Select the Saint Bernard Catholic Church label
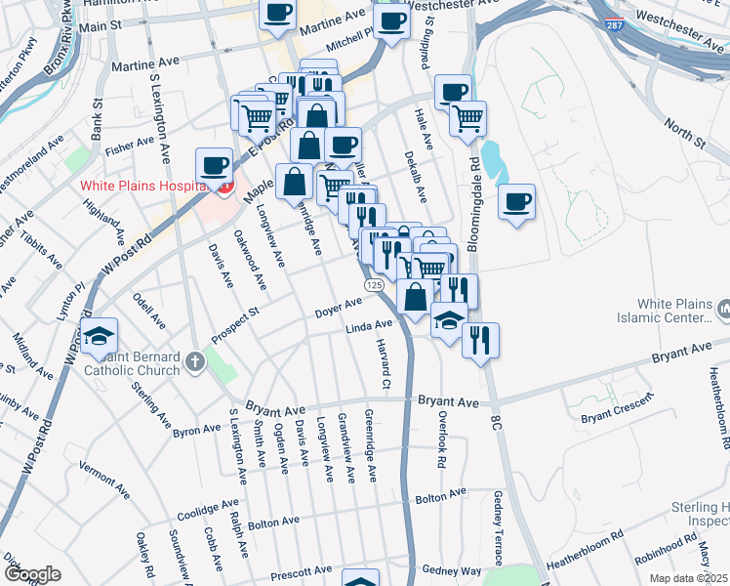(132, 363)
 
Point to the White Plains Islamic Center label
(664, 312)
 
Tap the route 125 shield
(374, 283)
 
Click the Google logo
(32, 574)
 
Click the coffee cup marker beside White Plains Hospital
(214, 164)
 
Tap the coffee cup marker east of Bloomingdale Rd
(517, 201)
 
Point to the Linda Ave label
(369, 328)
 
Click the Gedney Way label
(452, 570)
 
